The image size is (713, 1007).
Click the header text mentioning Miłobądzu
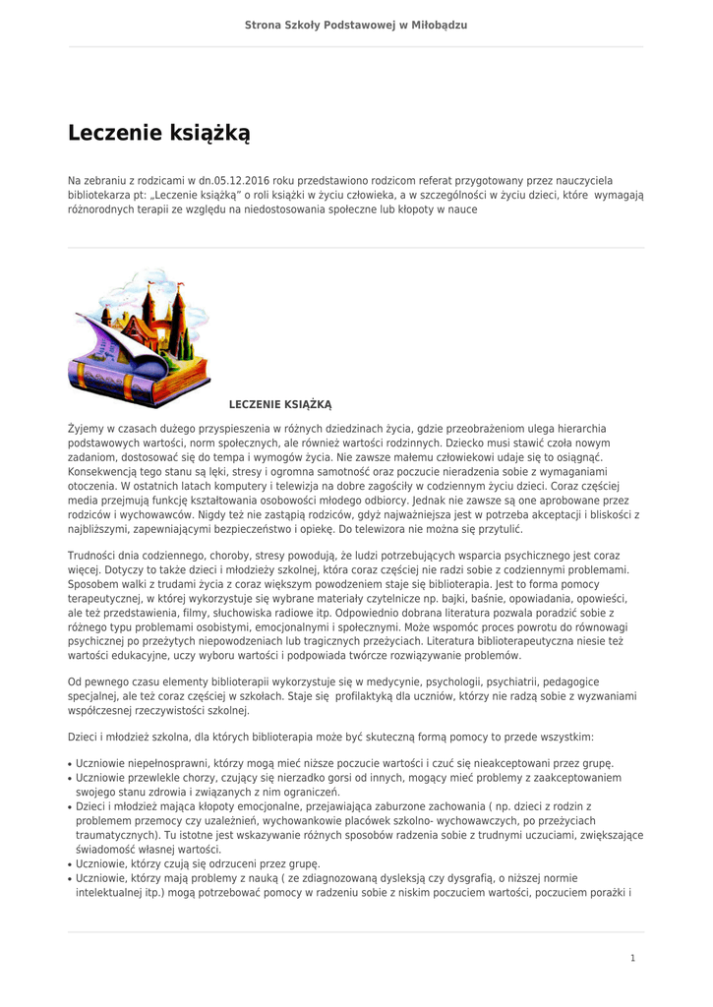click(355, 23)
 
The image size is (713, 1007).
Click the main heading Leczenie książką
click(159, 133)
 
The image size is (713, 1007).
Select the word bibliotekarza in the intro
click(96, 195)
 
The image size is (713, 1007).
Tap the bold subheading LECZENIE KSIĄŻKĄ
click(280, 404)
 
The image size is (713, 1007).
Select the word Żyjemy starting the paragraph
click(87, 429)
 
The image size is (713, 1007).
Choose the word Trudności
click(96, 556)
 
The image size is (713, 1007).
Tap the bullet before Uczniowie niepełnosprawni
click(70, 763)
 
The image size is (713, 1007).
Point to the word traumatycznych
click(117, 835)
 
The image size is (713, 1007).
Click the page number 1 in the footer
click(633, 958)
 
